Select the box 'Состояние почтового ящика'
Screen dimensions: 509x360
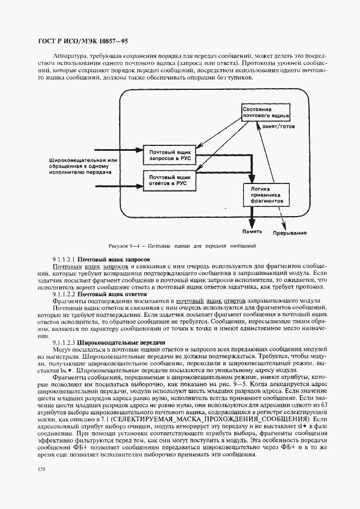[265, 112]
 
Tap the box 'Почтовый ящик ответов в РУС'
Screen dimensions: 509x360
[169, 180]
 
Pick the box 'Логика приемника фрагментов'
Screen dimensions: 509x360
[265, 193]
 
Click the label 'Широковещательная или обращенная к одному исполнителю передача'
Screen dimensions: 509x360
[83, 165]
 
